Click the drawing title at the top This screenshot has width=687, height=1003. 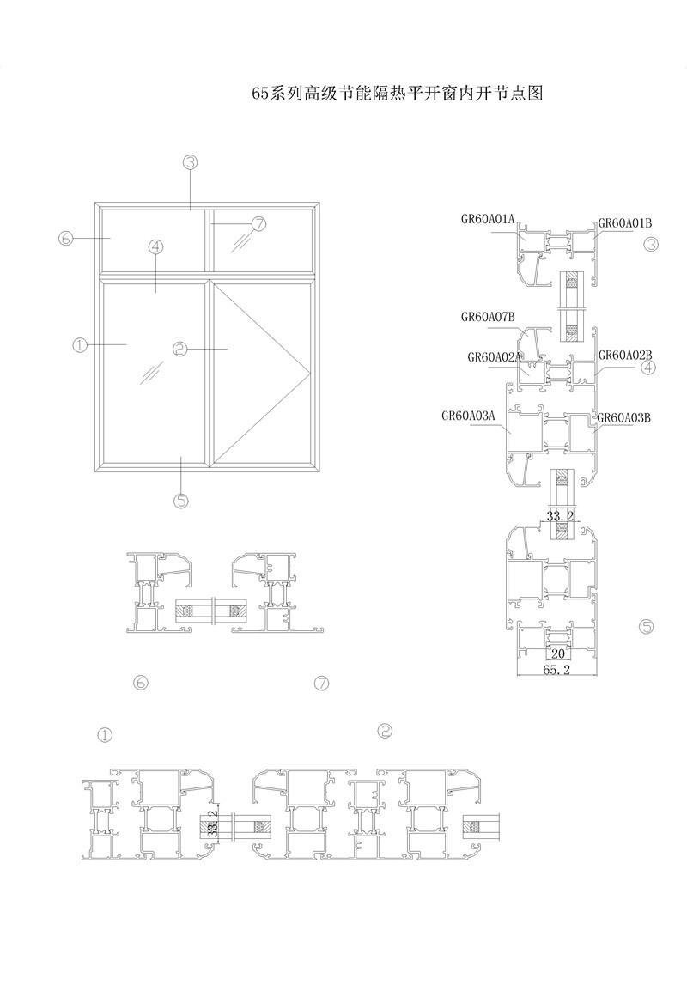tap(398, 94)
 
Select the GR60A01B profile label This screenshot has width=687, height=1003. tap(625, 224)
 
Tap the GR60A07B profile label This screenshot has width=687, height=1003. tap(488, 317)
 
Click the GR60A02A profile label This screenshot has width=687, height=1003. tap(495, 357)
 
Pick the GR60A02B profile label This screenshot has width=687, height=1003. tap(625, 355)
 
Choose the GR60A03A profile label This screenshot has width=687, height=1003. tap(469, 416)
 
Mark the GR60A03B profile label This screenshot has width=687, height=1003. tap(623, 417)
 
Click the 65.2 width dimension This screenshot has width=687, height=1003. tap(556, 670)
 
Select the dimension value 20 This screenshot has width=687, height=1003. tap(558, 653)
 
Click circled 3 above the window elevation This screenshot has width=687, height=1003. tap(190, 162)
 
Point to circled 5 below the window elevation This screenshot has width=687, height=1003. tap(182, 501)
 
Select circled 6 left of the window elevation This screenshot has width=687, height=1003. tap(65, 239)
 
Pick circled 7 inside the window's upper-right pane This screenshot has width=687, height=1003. tap(258, 224)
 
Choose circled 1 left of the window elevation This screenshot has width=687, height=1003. tap(80, 345)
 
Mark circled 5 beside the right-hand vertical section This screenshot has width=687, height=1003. tap(647, 627)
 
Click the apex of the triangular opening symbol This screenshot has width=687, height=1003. tap(308, 370)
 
